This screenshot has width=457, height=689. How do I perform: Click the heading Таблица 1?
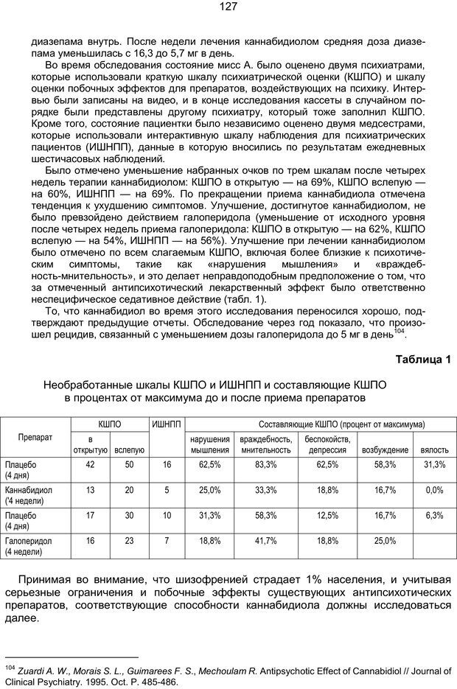422,359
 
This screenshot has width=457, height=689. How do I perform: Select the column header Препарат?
35,437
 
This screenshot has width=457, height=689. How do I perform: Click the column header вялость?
434,450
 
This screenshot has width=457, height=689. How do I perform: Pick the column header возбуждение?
385,450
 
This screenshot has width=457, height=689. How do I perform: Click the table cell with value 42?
90,464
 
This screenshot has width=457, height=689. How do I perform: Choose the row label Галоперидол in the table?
29,540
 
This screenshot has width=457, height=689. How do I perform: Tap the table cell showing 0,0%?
434,489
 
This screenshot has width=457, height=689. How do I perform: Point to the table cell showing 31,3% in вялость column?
434,464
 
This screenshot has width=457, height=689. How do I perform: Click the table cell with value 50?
129,464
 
